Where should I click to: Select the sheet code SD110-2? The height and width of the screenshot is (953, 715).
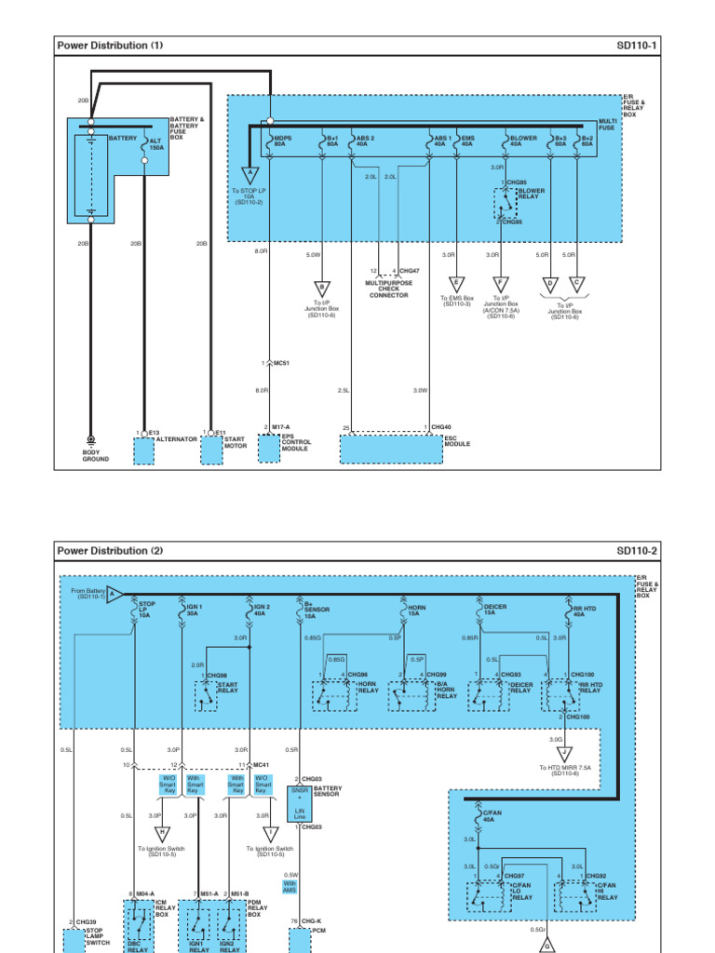pos(637,550)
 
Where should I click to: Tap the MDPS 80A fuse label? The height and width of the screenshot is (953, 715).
pos(282,141)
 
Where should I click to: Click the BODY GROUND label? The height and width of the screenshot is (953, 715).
pos(96,455)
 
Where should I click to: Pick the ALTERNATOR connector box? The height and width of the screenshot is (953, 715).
pos(144,451)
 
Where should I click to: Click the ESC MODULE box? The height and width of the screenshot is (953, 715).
pos(391,449)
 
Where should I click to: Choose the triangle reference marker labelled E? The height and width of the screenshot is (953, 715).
pos(456,286)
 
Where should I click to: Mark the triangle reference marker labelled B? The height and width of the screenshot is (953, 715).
pos(320,287)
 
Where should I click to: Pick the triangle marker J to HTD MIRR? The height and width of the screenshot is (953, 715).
pos(562,754)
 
